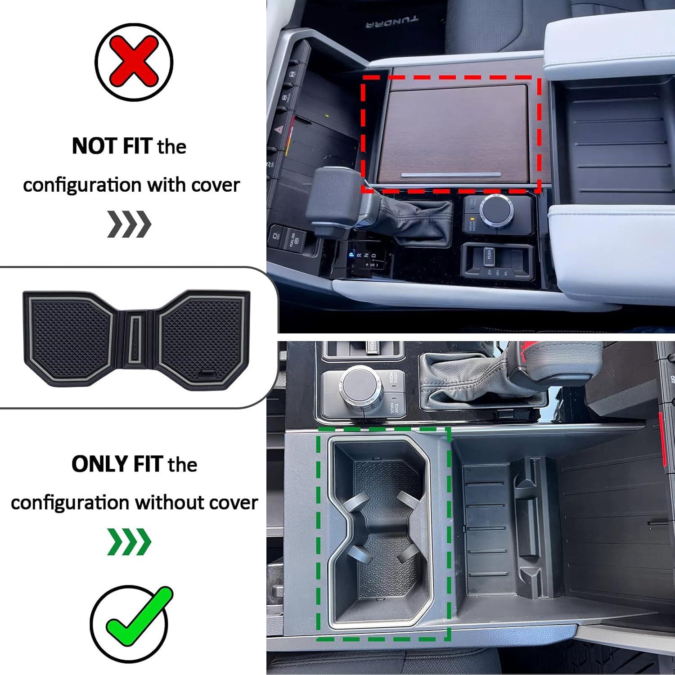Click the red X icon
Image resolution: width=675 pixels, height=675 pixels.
(x=134, y=62)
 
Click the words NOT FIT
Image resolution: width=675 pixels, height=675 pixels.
(x=112, y=146)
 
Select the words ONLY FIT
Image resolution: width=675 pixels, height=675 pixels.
(x=117, y=464)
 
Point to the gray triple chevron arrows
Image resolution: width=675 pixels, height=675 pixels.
(x=129, y=224)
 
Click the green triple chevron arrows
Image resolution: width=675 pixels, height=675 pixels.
(x=129, y=542)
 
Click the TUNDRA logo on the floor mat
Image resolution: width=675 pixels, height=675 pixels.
(x=391, y=21)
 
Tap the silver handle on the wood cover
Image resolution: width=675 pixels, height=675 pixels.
(x=451, y=175)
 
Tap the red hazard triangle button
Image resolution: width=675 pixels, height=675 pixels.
(x=279, y=130)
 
